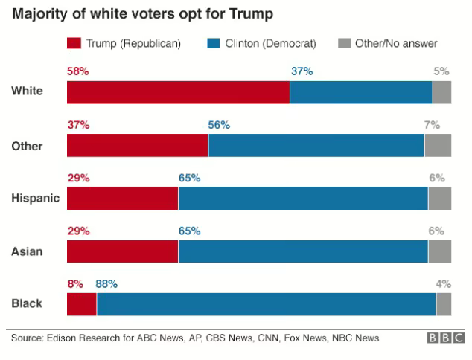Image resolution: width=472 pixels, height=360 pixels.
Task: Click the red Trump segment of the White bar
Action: point(178,92)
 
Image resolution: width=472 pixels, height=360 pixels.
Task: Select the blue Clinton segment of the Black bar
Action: point(266,305)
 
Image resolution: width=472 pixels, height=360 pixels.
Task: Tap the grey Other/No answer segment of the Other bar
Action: point(438,146)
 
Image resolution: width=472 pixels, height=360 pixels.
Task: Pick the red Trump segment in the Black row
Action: point(82,305)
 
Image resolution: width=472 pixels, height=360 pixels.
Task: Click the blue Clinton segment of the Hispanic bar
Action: point(303,199)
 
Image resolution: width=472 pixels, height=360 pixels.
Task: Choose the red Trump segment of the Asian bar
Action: point(122,252)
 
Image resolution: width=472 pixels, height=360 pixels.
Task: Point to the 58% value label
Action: point(78,71)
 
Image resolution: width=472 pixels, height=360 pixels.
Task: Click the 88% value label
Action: point(106,283)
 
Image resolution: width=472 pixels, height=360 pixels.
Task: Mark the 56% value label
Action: point(219,125)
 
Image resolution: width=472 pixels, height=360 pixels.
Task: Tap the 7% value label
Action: point(433,125)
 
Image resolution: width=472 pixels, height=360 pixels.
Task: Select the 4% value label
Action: point(444,283)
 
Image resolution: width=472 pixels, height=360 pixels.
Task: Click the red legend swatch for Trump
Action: point(74,44)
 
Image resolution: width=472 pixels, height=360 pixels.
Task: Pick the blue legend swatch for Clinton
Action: point(213,44)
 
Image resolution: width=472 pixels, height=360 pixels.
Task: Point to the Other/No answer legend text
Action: point(395,44)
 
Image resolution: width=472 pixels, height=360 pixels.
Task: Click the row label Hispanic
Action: point(35,199)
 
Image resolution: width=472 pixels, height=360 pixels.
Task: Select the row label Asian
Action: point(27,251)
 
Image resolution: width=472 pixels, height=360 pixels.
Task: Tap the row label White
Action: point(27,91)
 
